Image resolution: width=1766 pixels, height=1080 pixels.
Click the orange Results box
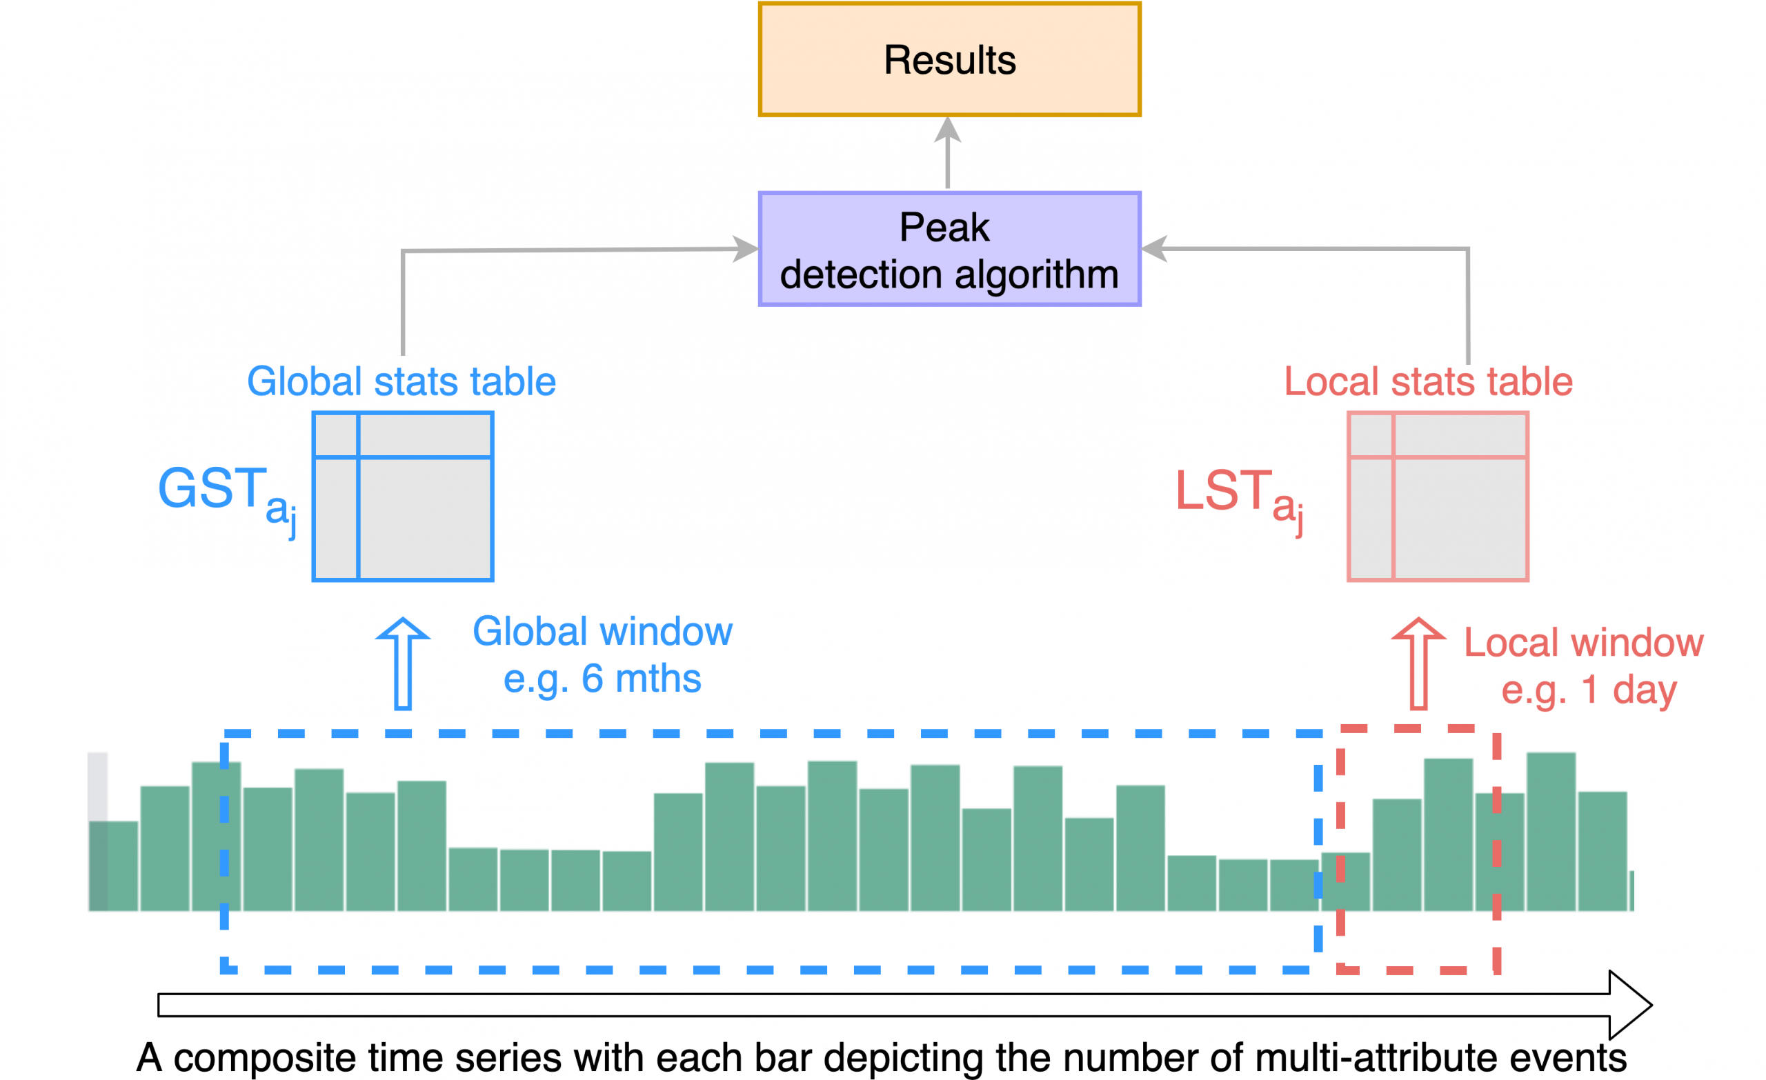(x=949, y=59)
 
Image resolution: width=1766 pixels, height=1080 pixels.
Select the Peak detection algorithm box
(x=949, y=250)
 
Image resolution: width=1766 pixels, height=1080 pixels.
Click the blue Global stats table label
(x=401, y=381)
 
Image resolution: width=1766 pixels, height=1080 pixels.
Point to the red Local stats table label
(x=1428, y=381)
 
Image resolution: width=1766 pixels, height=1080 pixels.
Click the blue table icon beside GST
(x=403, y=496)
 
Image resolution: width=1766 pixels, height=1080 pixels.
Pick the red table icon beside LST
(x=1438, y=496)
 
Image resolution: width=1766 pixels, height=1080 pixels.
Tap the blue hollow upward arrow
(x=403, y=663)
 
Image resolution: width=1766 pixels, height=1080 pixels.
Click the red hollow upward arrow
(x=1418, y=663)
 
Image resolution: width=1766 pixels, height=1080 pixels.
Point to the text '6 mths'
(x=641, y=678)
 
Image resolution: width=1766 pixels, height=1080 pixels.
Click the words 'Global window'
(x=602, y=631)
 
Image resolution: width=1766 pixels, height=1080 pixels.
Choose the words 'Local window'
(x=1583, y=642)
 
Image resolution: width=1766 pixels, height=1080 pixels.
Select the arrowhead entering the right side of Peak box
(x=1154, y=249)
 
